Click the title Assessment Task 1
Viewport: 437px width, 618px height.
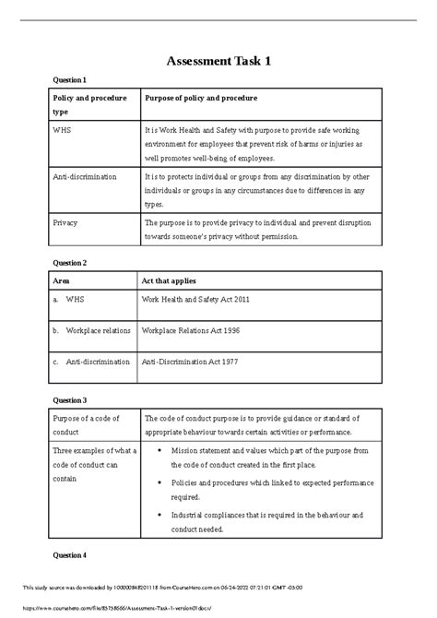click(x=218, y=62)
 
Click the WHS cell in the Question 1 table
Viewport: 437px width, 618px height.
click(x=62, y=131)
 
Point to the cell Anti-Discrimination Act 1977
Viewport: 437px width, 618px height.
click(x=190, y=362)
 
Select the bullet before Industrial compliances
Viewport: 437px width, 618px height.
click(x=162, y=515)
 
